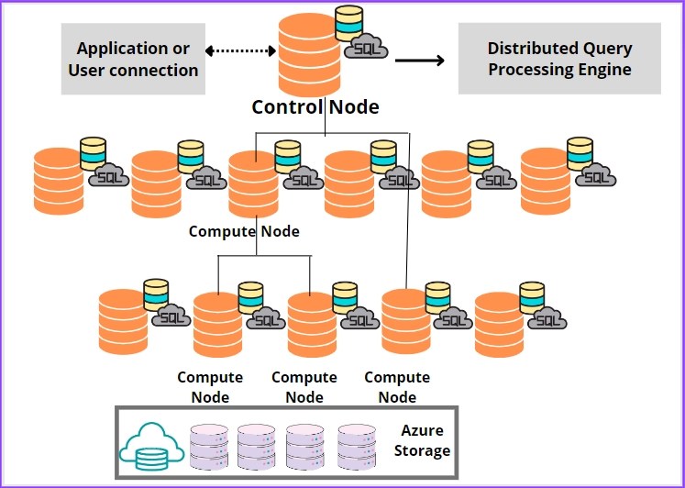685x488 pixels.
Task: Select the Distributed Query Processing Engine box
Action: [x=559, y=59]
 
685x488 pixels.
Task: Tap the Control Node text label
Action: [x=315, y=106]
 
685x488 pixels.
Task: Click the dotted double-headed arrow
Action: [x=241, y=50]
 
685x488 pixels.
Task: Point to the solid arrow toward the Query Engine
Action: [x=419, y=61]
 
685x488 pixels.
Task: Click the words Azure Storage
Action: [x=422, y=440]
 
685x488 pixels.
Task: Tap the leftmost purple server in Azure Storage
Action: [x=209, y=446]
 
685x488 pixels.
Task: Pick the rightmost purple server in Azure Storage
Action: [x=358, y=446]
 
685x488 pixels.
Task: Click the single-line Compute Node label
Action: [x=244, y=231]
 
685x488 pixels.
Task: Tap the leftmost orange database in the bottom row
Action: [x=123, y=322]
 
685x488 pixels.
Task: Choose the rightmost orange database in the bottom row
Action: [x=500, y=324]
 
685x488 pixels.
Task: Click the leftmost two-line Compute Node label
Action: [x=210, y=387]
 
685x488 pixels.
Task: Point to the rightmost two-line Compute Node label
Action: [x=397, y=387]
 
